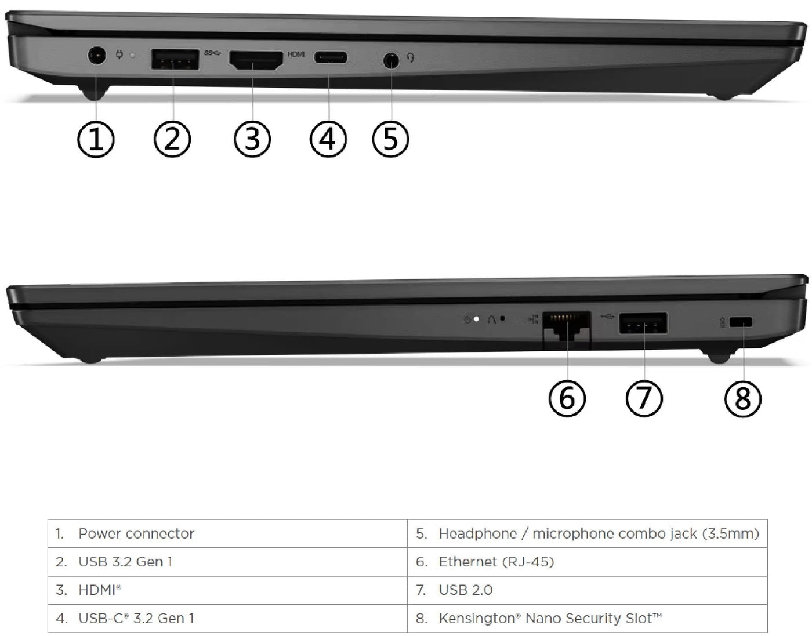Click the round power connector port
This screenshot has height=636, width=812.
point(97,57)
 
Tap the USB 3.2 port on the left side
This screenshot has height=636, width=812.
point(175,59)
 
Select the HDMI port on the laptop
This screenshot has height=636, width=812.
point(256,61)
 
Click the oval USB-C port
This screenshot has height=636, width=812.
point(331,58)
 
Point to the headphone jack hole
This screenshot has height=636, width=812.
point(392,60)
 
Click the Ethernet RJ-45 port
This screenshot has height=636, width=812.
point(567,329)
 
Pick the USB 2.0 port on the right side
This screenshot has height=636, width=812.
point(643,324)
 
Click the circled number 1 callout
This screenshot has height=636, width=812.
point(96,139)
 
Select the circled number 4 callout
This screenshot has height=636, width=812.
point(328,139)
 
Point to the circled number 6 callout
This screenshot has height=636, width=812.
point(567,398)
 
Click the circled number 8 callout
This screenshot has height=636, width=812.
point(743,398)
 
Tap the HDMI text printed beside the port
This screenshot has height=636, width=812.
point(296,54)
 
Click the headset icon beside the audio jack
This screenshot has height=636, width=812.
point(411,58)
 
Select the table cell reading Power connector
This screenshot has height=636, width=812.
point(136,533)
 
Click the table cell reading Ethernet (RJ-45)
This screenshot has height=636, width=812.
point(496,562)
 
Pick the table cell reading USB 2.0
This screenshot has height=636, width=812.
point(465,590)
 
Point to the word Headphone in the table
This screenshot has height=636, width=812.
point(477,533)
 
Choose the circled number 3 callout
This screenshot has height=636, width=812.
point(252,139)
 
